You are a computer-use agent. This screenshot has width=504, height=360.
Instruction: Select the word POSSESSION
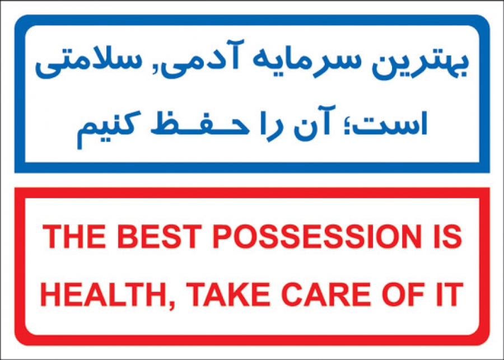click(317, 237)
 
